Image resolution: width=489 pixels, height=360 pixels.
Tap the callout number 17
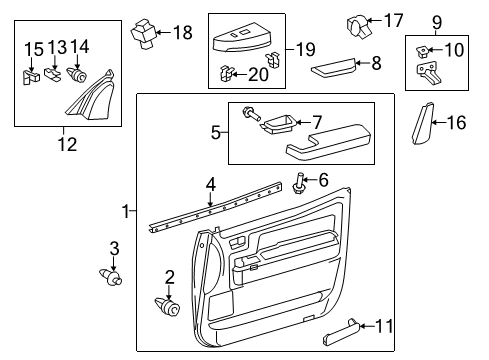point(393,19)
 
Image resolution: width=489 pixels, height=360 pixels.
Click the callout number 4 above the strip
point(210,183)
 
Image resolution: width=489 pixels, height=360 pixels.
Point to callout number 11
point(384,325)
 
